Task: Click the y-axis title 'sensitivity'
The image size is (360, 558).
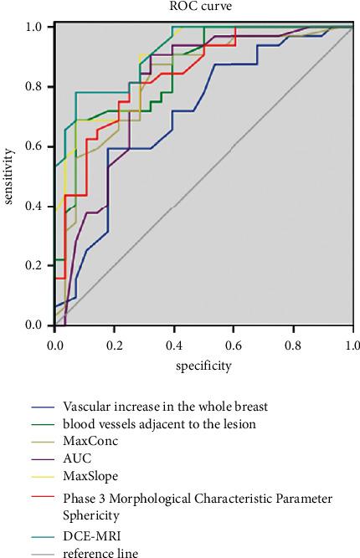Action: point(9,176)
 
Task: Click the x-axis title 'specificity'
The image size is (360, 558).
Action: point(203,366)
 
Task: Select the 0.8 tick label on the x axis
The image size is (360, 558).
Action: point(293,343)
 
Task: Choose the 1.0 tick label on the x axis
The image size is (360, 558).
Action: point(352,343)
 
